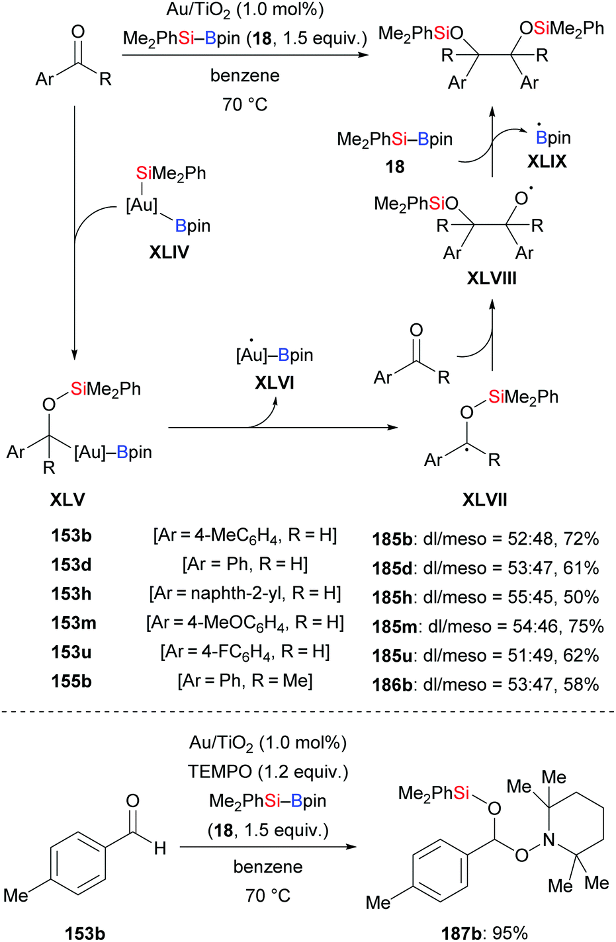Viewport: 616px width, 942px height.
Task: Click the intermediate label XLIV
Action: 169,252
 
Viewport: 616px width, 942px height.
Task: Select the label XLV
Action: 67,499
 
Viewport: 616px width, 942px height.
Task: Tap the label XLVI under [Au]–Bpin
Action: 275,383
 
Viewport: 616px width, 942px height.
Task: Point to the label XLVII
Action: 485,499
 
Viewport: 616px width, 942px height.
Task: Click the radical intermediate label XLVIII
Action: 492,278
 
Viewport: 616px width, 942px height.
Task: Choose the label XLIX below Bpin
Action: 547,161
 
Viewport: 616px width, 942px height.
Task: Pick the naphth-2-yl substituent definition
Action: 245,594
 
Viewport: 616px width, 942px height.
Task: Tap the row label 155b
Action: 71,681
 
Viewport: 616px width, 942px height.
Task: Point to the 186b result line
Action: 486,684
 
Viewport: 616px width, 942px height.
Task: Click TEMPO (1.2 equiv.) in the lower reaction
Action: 267,771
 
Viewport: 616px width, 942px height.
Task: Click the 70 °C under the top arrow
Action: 245,104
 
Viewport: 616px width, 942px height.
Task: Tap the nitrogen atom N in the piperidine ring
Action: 549,840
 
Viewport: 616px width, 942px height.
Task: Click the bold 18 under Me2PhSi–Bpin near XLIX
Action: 395,166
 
